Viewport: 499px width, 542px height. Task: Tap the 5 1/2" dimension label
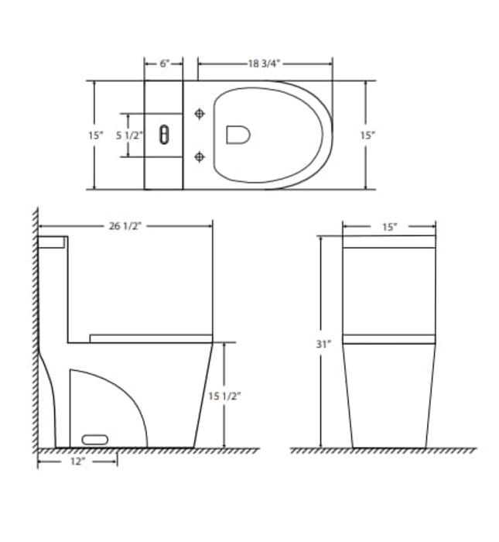click(129, 135)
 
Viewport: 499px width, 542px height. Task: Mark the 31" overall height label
click(323, 344)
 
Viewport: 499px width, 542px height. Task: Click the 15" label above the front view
click(388, 227)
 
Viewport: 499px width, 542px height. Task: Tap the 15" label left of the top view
click(95, 135)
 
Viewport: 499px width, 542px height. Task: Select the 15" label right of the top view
click(367, 135)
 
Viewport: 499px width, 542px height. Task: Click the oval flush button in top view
click(163, 135)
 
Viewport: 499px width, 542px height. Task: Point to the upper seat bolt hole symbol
click(200, 114)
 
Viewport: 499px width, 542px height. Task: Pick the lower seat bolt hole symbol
click(200, 157)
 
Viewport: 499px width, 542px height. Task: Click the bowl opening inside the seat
click(238, 135)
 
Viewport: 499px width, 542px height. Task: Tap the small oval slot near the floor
click(94, 439)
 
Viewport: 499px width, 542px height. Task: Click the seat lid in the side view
click(151, 338)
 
